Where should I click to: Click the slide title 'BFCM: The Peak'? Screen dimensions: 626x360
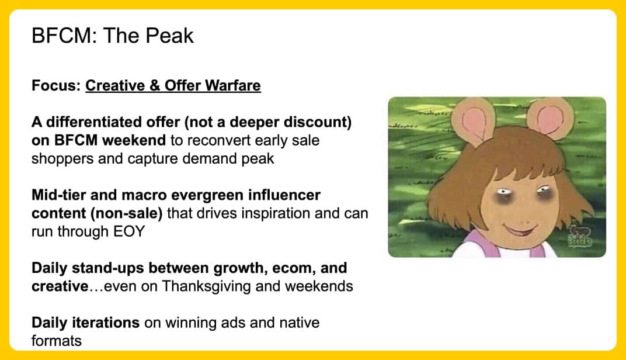[113, 36]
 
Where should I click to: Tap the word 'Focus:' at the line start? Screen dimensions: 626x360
[56, 85]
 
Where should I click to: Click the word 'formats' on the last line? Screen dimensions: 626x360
[56, 341]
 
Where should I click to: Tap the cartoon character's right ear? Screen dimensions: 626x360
[550, 117]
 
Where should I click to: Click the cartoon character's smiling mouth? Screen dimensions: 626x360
[521, 230]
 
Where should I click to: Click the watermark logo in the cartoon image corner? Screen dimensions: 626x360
[580, 236]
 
